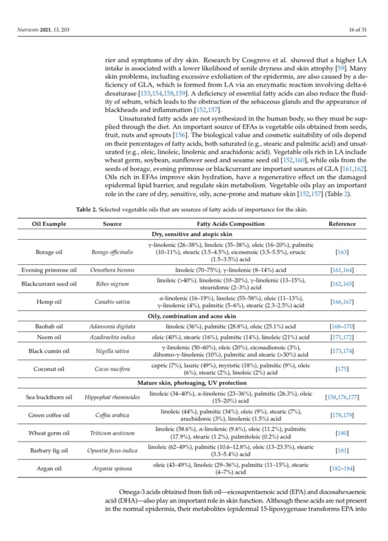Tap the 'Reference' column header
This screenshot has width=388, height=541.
tap(342, 224)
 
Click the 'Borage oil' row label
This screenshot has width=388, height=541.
tap(49, 252)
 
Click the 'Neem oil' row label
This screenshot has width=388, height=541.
tap(49, 337)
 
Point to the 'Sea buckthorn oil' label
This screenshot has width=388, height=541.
tap(49, 397)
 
